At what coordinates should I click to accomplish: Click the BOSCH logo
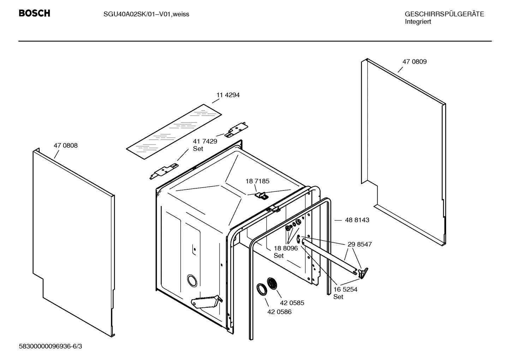pyautogui.click(x=34, y=13)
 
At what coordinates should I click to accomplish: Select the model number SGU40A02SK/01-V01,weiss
pyautogui.click(x=146, y=14)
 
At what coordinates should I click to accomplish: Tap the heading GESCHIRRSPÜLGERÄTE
pyautogui.click(x=444, y=14)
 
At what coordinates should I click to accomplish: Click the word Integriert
pyautogui.click(x=418, y=22)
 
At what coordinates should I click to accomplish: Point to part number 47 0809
pyautogui.click(x=414, y=61)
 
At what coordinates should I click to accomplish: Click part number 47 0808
pyautogui.click(x=66, y=145)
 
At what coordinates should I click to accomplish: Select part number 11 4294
pyautogui.click(x=228, y=95)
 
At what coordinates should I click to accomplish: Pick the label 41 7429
pyautogui.click(x=205, y=141)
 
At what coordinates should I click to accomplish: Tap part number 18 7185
pyautogui.click(x=257, y=181)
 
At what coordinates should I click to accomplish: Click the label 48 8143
pyautogui.click(x=357, y=220)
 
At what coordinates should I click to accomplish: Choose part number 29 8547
pyautogui.click(x=359, y=244)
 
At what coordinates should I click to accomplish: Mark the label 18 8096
pyautogui.click(x=286, y=248)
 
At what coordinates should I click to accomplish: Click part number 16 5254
pyautogui.click(x=345, y=289)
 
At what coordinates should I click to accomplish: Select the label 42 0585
pyautogui.click(x=292, y=303)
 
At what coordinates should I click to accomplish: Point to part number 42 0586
pyautogui.click(x=279, y=312)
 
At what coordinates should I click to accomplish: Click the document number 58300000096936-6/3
pyautogui.click(x=50, y=346)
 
